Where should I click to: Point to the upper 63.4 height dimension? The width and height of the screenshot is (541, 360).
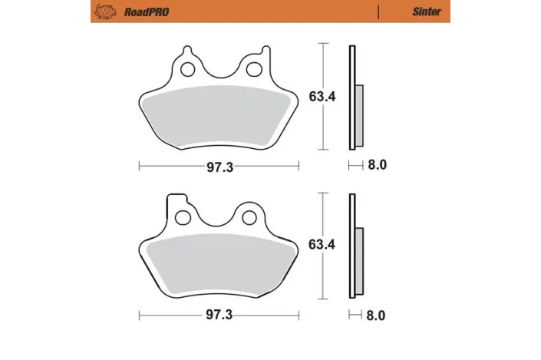[320, 97]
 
